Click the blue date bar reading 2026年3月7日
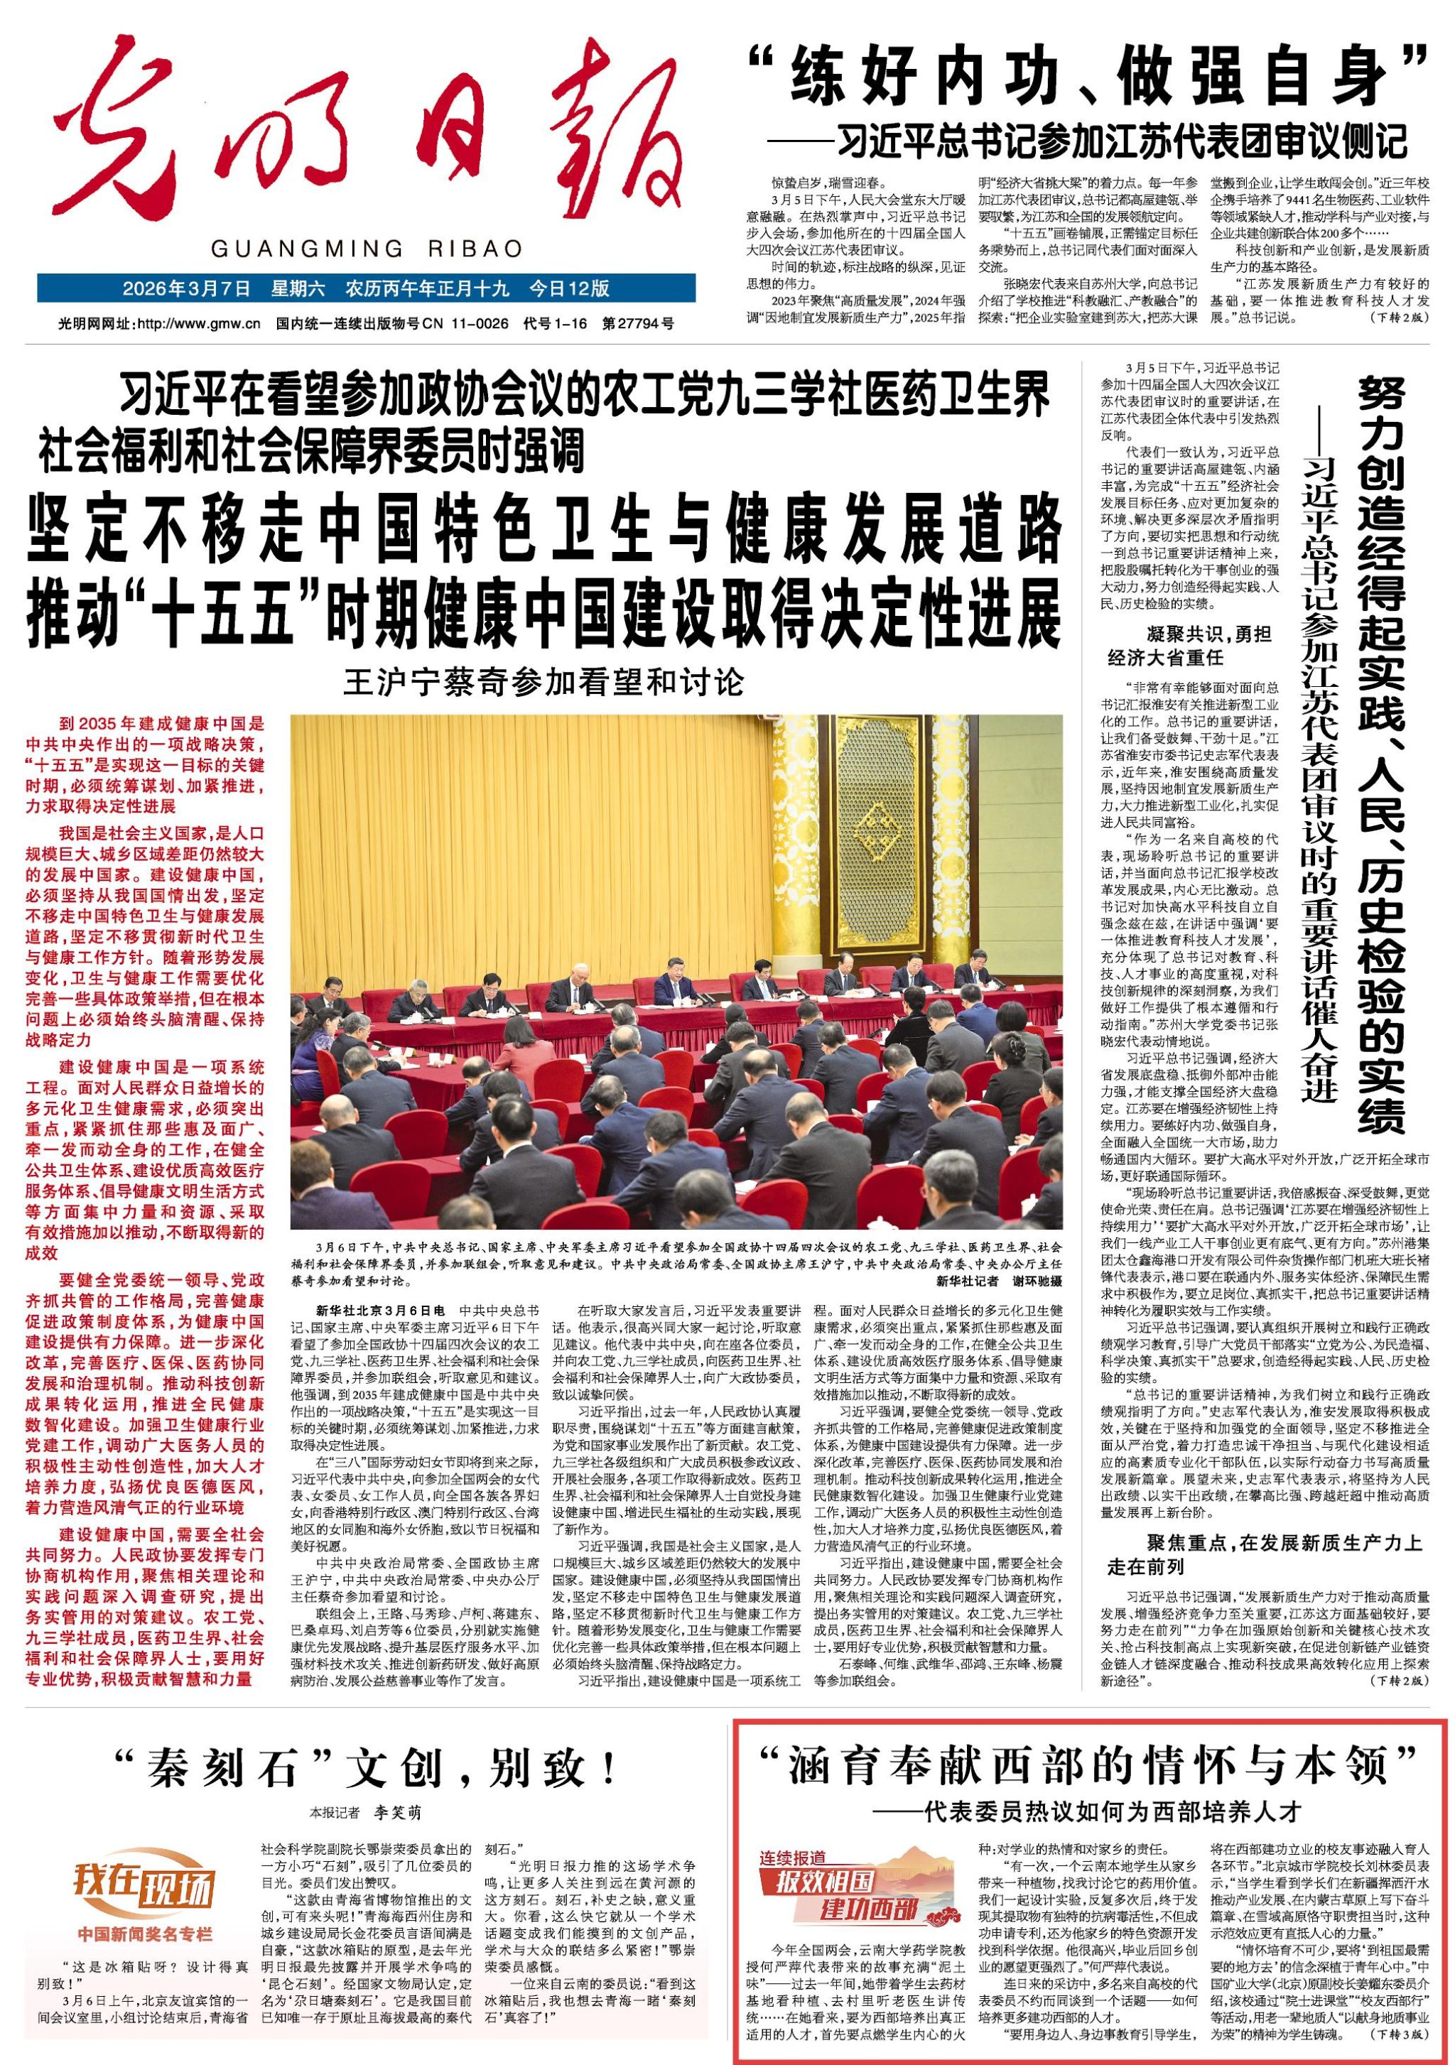(366, 288)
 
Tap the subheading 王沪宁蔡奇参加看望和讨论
(544, 682)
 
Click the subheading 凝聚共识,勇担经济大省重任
(1189, 645)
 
